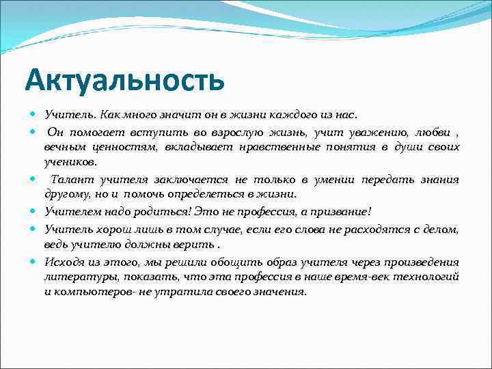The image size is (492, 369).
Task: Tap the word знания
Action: pyautogui.click(x=441, y=180)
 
